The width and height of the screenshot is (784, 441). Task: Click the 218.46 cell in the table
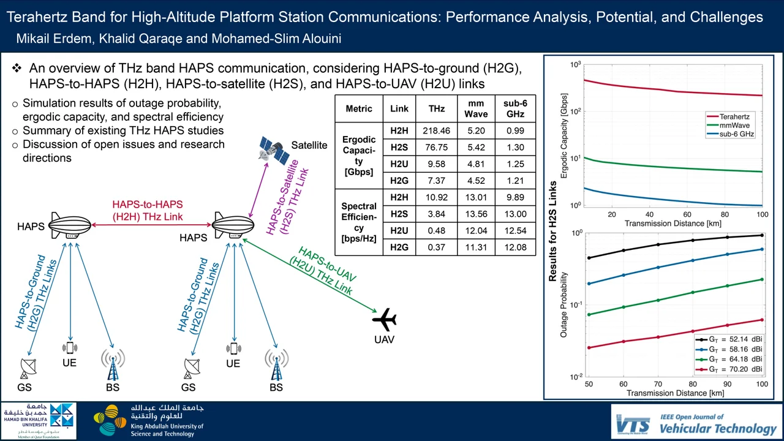pyautogui.click(x=436, y=131)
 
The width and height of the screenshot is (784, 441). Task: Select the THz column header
pyautogui.click(x=437, y=109)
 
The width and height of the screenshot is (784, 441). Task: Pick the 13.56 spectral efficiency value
pyautogui.click(x=476, y=214)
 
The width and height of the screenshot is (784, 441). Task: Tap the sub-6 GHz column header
pyautogui.click(x=515, y=108)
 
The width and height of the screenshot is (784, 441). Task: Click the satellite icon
pyautogui.click(x=274, y=151)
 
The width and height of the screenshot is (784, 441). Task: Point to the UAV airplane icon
pyautogui.click(x=384, y=320)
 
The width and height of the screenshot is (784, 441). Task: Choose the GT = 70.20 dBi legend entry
pyautogui.click(x=729, y=369)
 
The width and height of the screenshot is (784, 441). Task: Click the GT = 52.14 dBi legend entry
pyautogui.click(x=729, y=339)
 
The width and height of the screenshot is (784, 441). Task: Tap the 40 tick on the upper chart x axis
pyautogui.click(x=650, y=214)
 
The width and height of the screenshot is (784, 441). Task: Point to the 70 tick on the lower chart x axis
pyautogui.click(x=658, y=384)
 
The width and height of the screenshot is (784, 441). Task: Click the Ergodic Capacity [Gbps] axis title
pyautogui.click(x=563, y=135)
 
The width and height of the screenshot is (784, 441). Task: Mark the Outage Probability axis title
pyautogui.click(x=563, y=305)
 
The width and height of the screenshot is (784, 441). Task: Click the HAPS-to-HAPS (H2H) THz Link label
pyautogui.click(x=148, y=210)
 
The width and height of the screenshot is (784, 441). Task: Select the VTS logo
pyautogui.click(x=633, y=424)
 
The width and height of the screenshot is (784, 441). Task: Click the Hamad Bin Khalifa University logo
pyautogui.click(x=39, y=420)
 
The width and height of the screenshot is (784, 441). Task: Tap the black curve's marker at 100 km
pyautogui.click(x=762, y=235)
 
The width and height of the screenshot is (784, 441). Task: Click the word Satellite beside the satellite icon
pyautogui.click(x=309, y=145)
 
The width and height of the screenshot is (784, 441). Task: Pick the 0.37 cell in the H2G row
pyautogui.click(x=436, y=247)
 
